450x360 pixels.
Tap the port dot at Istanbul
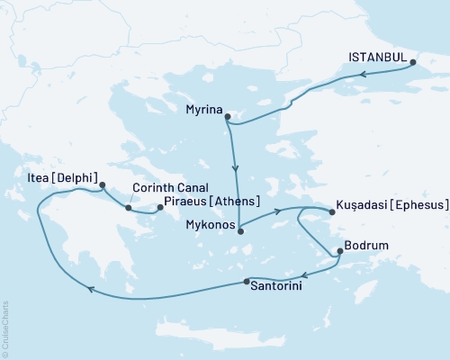[413, 63]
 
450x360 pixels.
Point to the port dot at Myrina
[228, 117]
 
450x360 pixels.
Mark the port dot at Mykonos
[239, 231]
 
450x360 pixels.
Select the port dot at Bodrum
[338, 252]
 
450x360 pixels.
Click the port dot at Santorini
[247, 282]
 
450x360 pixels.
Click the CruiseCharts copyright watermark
[6, 328]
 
